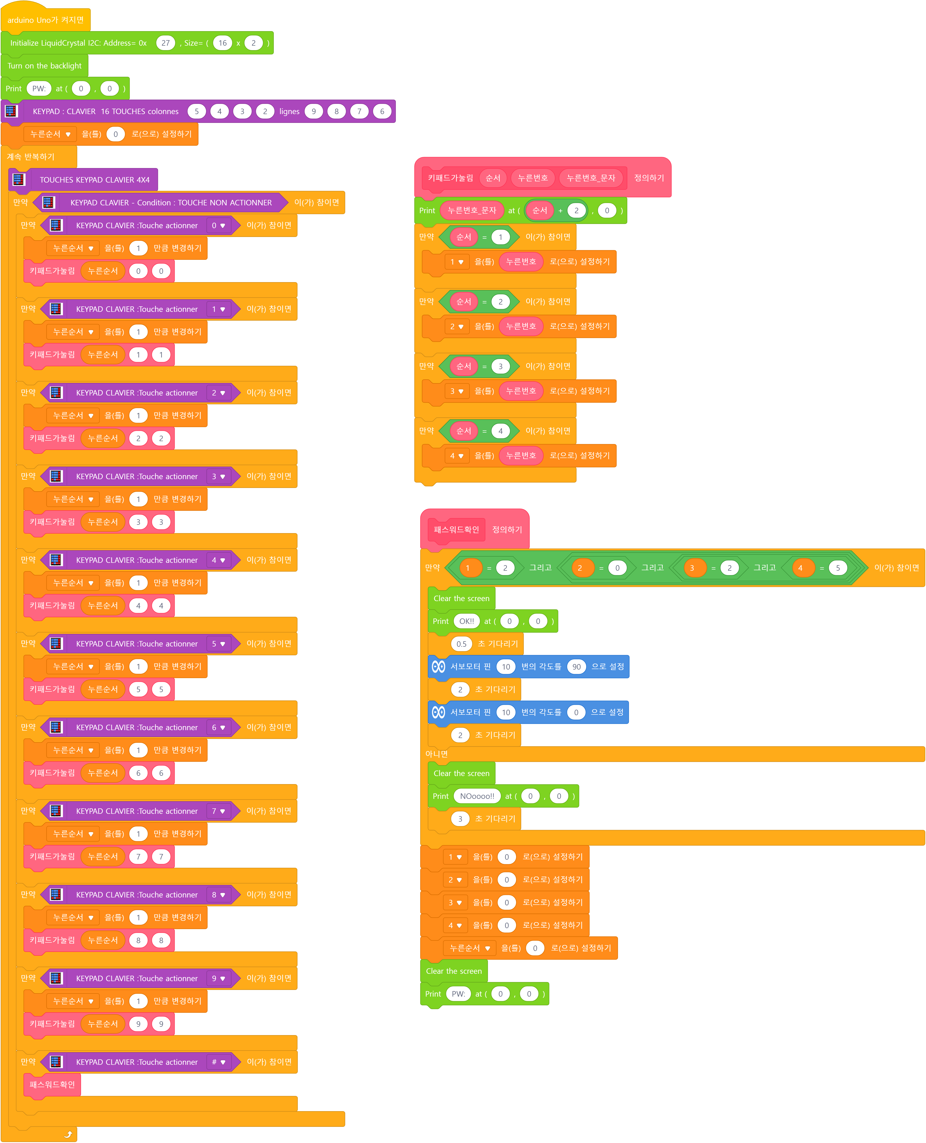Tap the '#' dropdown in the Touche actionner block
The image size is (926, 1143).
(x=218, y=1062)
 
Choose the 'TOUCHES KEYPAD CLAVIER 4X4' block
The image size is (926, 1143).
(x=94, y=180)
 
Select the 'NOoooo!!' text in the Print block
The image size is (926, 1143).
(x=477, y=796)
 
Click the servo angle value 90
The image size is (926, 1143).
(x=576, y=666)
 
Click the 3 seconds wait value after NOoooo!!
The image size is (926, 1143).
(x=460, y=819)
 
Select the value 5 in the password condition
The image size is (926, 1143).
(x=837, y=568)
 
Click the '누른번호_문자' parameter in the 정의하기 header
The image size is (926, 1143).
(x=590, y=178)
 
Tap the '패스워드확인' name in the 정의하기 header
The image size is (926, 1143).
(x=456, y=529)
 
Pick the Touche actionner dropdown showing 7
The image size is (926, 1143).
(x=218, y=811)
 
